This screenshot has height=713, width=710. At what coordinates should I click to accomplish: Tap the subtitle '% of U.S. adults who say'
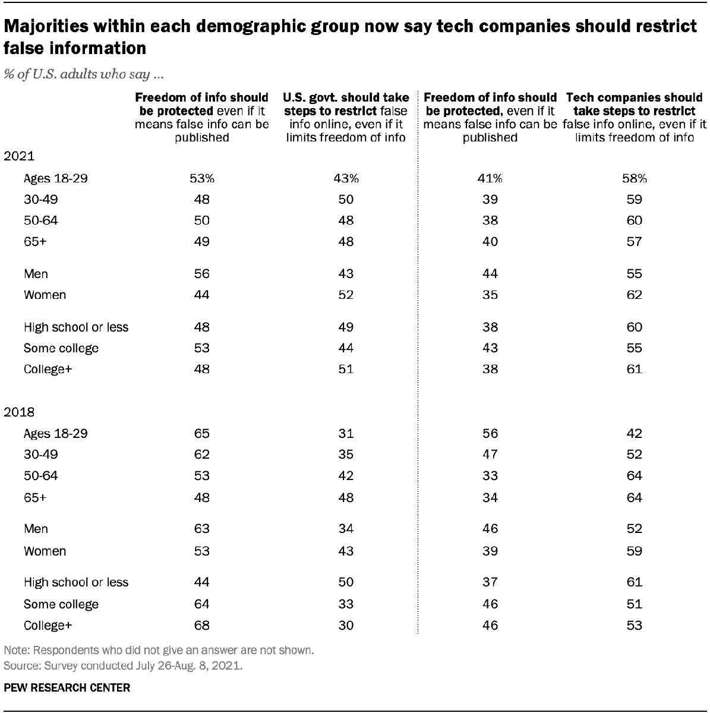[x=84, y=75]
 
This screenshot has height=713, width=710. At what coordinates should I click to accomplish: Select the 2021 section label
[x=20, y=157]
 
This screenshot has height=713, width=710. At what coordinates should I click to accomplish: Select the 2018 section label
[x=20, y=412]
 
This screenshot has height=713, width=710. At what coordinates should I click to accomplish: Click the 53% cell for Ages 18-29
[x=202, y=178]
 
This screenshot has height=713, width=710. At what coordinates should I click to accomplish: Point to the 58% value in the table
[x=635, y=178]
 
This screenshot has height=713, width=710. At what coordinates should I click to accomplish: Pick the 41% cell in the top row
[x=490, y=178]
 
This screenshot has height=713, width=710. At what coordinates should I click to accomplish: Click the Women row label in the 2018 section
[x=45, y=551]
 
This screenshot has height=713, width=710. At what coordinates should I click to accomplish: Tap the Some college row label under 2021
[x=61, y=348]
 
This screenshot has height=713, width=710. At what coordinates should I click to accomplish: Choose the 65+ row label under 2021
[x=34, y=242]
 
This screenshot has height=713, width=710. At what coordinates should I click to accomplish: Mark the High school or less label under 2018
[x=76, y=582]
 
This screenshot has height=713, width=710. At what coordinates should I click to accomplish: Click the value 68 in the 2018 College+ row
[x=202, y=625]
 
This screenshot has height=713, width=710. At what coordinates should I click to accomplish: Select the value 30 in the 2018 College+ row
[x=345, y=625]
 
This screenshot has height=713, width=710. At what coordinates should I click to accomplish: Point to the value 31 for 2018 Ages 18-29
[x=345, y=434]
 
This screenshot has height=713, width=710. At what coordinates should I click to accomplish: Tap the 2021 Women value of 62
[x=635, y=295]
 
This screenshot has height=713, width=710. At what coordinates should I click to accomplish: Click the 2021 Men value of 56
[x=202, y=274]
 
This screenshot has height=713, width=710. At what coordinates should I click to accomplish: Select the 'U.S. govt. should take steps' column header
[x=345, y=117]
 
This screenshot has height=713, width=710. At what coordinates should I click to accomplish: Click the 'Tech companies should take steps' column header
[x=635, y=117]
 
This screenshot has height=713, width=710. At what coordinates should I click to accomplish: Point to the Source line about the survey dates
[x=123, y=666]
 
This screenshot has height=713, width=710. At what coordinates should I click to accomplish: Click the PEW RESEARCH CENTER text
[x=67, y=688]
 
